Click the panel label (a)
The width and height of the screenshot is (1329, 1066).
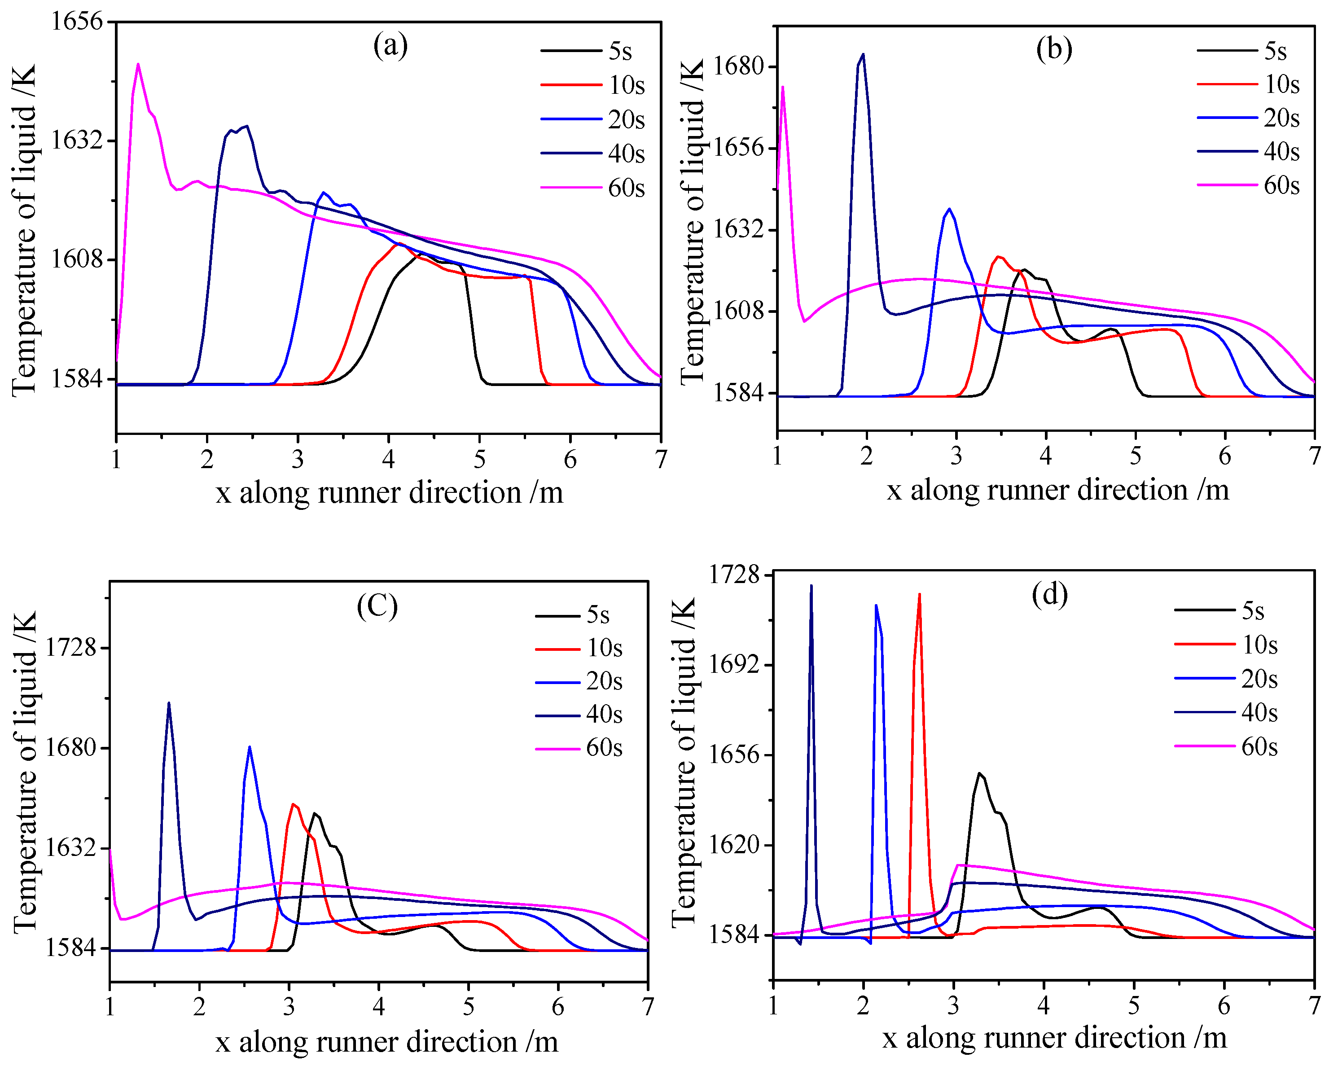point(390,46)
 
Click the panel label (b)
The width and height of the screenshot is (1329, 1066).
point(1053,49)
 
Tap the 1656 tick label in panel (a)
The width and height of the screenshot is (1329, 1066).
point(76,22)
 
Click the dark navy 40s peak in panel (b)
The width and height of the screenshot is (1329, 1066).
point(863,54)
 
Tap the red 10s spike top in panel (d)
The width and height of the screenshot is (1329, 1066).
point(919,595)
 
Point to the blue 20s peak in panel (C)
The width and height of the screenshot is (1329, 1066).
point(249,747)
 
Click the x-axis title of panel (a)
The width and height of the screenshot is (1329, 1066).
point(389,493)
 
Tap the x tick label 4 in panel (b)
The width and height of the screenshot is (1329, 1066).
point(1045,456)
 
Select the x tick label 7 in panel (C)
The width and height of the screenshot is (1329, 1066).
point(647,1007)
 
